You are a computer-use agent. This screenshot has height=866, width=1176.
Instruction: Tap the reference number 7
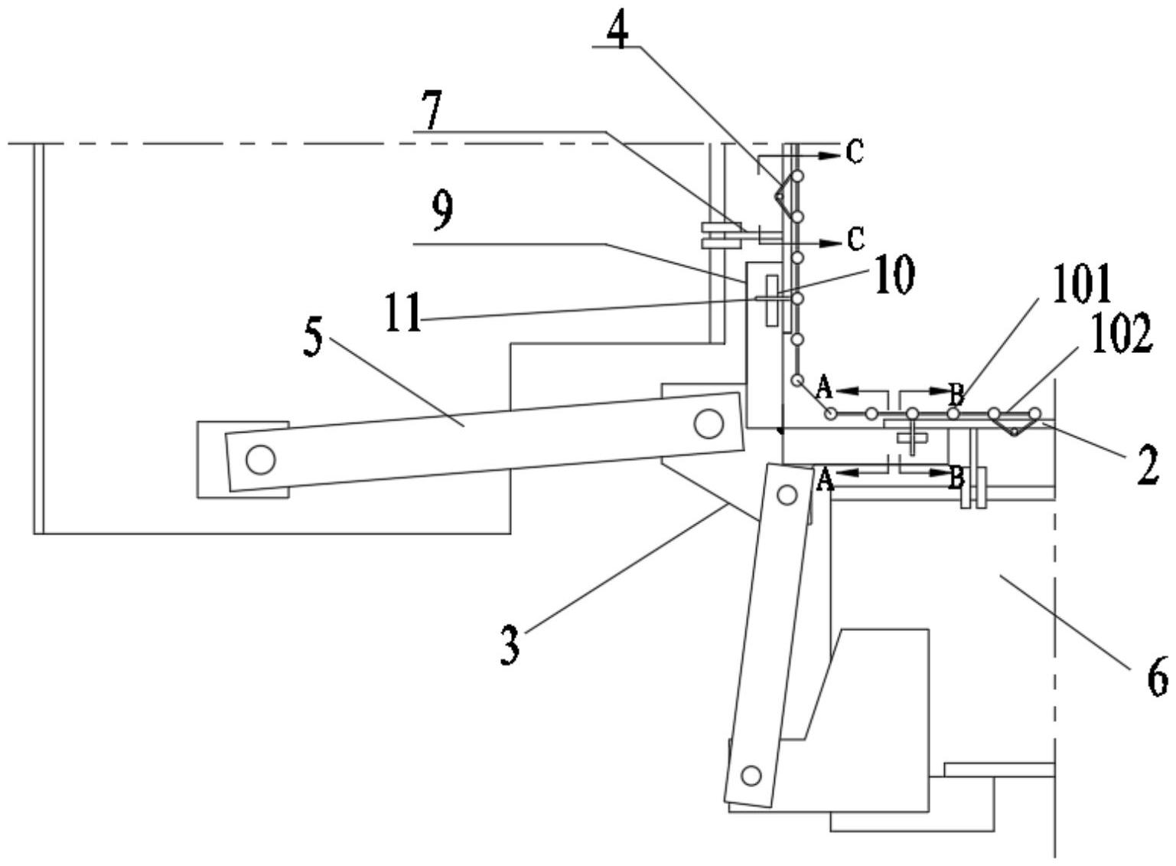(x=433, y=112)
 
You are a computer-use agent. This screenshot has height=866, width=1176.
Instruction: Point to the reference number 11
(x=403, y=313)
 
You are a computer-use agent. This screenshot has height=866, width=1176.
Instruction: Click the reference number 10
(x=892, y=276)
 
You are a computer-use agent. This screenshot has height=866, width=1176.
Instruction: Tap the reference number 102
(x=1122, y=335)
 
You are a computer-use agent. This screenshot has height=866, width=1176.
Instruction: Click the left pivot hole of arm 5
(x=260, y=459)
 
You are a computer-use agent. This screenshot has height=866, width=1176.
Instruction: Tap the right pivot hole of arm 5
(x=709, y=423)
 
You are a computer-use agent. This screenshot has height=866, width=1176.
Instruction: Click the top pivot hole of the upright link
(x=786, y=495)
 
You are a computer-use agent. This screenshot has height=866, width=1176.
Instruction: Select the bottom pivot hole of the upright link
(x=751, y=775)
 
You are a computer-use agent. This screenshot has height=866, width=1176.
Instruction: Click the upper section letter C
(x=855, y=153)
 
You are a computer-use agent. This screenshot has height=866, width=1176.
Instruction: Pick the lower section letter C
(x=855, y=240)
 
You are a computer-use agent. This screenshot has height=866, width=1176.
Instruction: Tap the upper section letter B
(x=956, y=394)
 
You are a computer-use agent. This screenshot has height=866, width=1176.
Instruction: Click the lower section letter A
(x=825, y=480)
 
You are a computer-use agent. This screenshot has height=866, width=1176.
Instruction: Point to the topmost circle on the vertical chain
(x=797, y=176)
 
